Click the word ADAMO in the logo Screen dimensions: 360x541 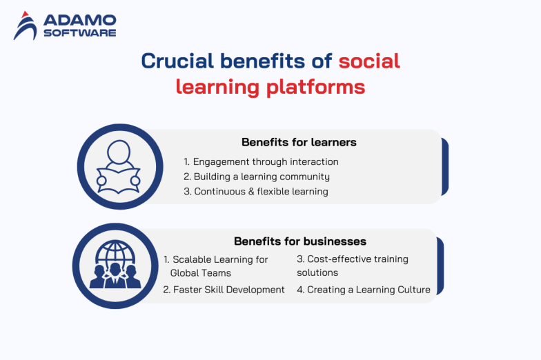click(79, 20)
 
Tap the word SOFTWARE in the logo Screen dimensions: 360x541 click(79, 32)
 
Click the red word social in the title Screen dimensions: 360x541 click(369, 61)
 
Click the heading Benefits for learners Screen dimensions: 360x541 click(299, 142)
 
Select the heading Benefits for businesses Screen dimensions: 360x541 click(300, 241)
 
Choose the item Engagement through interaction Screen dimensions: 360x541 click(261, 161)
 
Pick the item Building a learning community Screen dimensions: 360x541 click(256, 177)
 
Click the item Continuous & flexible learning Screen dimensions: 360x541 click(255, 191)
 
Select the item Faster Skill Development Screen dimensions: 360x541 click(224, 290)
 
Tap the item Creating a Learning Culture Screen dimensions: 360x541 click(363, 290)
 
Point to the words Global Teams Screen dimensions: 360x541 click(201, 273)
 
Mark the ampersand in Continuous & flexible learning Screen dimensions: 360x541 click(244, 191)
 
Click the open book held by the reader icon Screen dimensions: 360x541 click(118, 179)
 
